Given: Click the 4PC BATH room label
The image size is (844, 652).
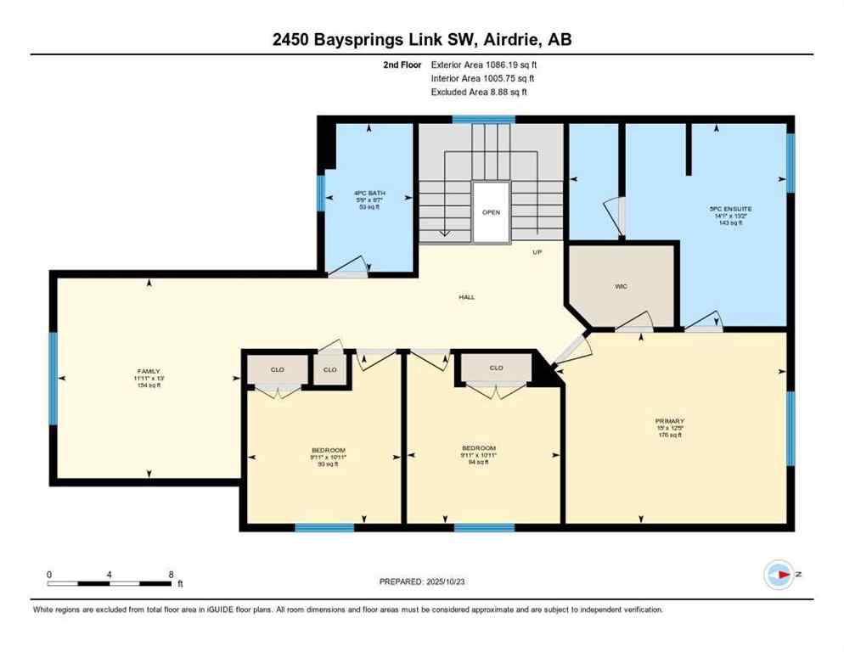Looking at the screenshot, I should [369, 194].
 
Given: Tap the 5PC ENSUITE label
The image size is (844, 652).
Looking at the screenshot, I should [729, 208].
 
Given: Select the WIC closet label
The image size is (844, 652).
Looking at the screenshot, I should [621, 286].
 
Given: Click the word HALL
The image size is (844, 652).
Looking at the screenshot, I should [466, 297].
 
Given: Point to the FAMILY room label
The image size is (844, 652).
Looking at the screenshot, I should [149, 371].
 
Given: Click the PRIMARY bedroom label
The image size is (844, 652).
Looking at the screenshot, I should [669, 421].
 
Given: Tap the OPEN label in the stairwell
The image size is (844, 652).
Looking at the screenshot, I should [491, 212].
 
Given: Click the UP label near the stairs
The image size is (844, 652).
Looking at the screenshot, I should [537, 252].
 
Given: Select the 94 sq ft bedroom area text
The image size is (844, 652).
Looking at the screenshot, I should [478, 463].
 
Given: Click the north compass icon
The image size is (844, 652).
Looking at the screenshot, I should [778, 575].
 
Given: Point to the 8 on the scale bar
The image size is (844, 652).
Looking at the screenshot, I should [171, 574].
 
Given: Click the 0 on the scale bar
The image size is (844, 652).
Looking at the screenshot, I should [49, 574].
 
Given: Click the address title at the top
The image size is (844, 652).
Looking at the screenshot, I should [421, 39].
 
